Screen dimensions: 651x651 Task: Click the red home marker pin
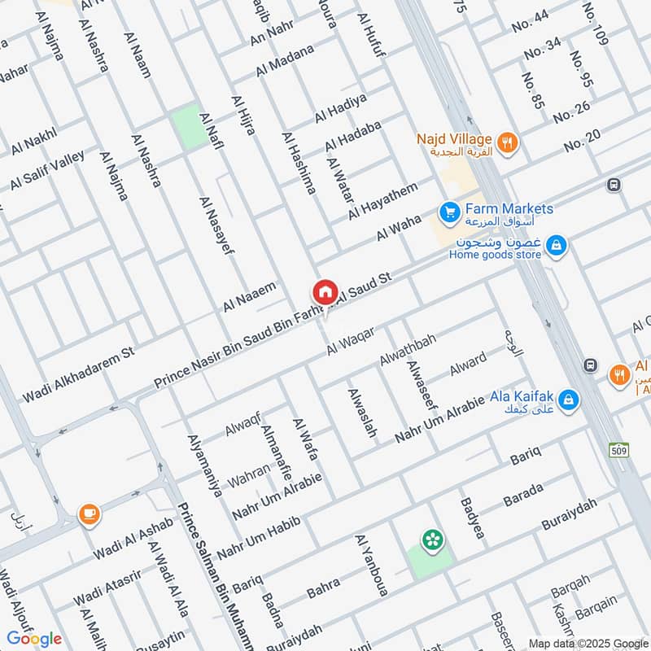(325, 292)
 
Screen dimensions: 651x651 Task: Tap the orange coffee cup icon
(89, 513)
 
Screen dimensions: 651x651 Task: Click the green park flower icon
(430, 540)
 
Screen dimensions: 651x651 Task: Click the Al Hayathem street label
(382, 201)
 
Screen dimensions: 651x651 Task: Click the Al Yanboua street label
(373, 565)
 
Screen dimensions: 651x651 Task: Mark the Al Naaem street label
(250, 297)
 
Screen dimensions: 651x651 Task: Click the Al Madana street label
(284, 61)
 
